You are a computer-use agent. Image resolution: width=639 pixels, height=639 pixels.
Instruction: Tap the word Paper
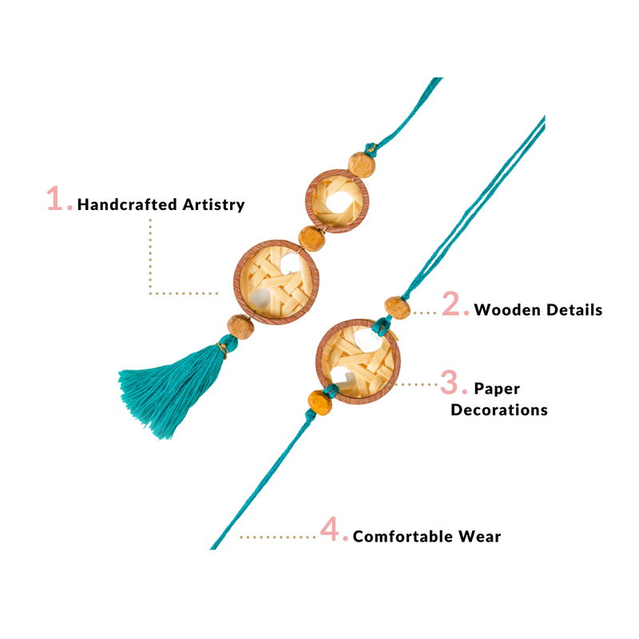[x=497, y=389]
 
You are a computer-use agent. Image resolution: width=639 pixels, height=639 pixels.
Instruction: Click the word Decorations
[x=498, y=410]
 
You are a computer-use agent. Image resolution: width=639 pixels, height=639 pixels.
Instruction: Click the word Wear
[x=482, y=536]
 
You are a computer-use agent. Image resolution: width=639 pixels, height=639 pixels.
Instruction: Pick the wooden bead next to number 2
[x=396, y=307]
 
